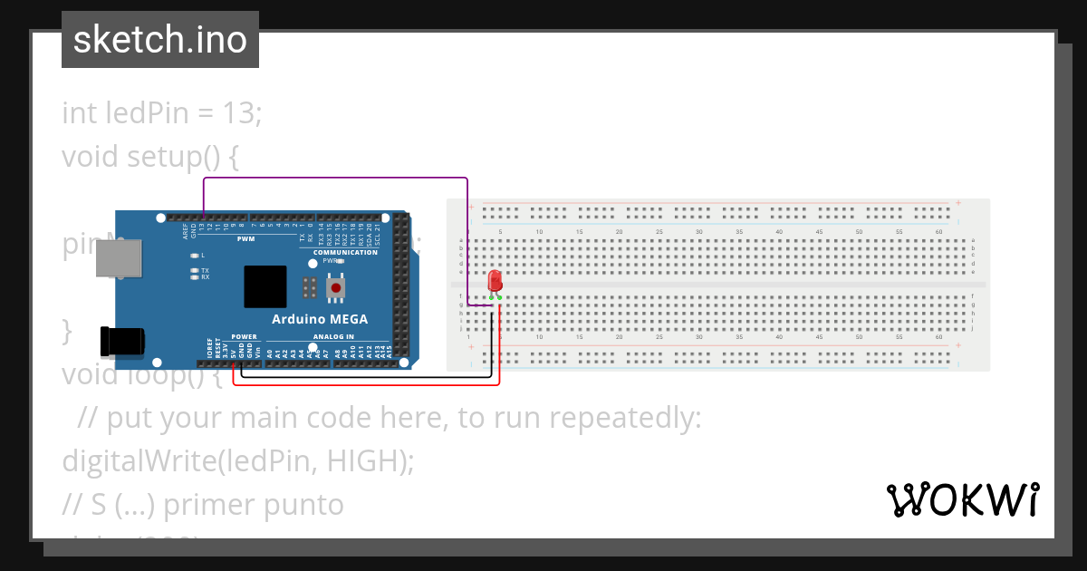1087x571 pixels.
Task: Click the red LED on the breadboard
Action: (495, 280)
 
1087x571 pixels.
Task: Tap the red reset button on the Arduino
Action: (336, 288)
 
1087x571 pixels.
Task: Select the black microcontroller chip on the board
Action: (265, 286)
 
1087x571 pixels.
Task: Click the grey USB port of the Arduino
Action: (119, 258)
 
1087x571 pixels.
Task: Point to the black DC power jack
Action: (121, 341)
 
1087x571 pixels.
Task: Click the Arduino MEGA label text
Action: (320, 319)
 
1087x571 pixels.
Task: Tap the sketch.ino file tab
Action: (160, 40)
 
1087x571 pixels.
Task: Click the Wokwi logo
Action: (962, 499)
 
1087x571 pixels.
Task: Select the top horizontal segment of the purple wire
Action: (335, 179)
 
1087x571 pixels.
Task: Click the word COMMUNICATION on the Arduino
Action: (345, 252)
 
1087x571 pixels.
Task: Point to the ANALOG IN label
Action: (333, 336)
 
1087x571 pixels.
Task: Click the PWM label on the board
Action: (245, 239)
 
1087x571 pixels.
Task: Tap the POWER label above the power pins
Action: (244, 336)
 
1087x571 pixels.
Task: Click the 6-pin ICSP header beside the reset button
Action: (310, 288)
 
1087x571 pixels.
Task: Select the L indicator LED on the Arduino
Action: (194, 256)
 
